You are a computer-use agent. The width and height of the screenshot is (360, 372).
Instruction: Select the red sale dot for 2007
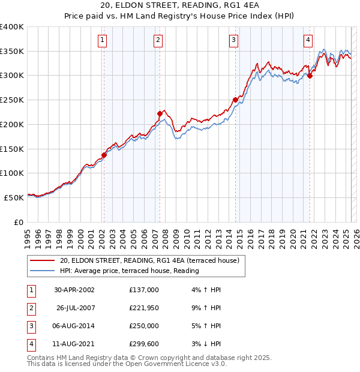160,113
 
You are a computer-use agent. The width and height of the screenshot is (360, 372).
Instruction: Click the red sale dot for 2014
235,100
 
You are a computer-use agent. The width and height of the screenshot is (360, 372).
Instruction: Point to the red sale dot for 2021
310,76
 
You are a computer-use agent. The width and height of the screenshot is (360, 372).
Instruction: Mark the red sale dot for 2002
104,155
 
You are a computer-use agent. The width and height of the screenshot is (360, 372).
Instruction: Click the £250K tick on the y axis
12,100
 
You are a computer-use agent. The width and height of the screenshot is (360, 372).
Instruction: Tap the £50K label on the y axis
14,197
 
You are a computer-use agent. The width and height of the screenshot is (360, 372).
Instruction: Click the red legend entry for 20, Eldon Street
149,260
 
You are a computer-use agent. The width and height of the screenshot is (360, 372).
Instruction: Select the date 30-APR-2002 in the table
74,289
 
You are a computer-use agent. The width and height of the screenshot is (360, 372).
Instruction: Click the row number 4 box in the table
31,345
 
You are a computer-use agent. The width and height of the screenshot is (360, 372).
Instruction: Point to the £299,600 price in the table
143,345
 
